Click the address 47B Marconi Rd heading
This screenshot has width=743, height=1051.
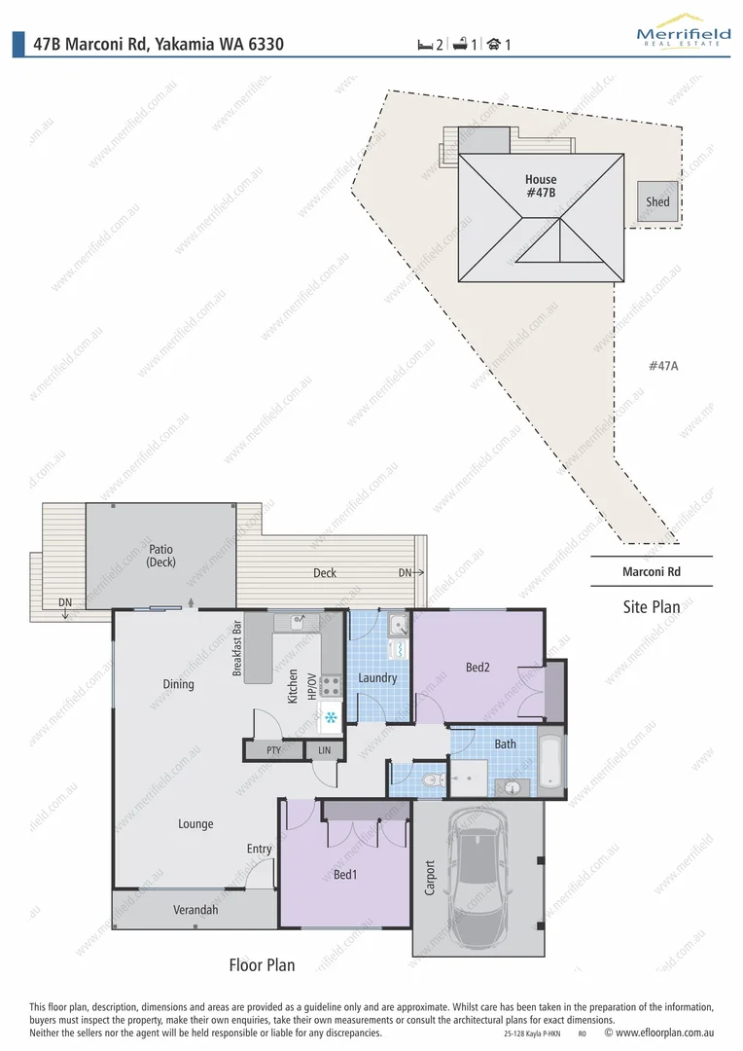[x=159, y=44]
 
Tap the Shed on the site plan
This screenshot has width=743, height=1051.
[x=658, y=201]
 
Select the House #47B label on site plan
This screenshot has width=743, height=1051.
[x=541, y=186]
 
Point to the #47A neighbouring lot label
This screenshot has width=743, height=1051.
[x=662, y=366]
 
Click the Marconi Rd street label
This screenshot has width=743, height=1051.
[x=651, y=571]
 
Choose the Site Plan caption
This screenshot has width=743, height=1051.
[x=651, y=607]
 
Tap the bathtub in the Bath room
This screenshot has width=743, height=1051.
[x=551, y=761]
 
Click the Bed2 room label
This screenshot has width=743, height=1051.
[x=477, y=667]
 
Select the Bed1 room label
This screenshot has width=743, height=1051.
[x=345, y=874]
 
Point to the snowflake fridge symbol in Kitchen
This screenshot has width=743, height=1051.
[x=331, y=718]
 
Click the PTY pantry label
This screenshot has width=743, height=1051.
[x=273, y=751]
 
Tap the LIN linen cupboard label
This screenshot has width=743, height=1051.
[x=324, y=751]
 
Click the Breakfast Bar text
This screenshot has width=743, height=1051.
[x=236, y=649]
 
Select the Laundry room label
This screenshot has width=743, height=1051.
[x=377, y=677]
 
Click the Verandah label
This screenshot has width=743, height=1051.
[x=195, y=910]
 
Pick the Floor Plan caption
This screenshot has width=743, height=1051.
[x=262, y=965]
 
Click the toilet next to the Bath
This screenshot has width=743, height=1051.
[x=432, y=779]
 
